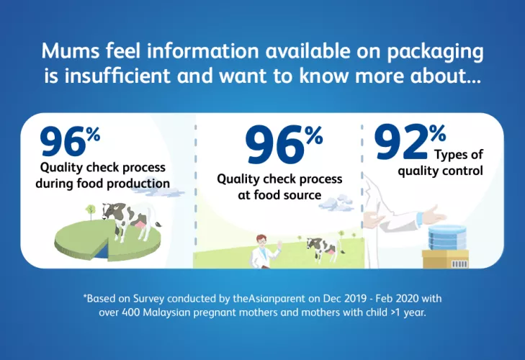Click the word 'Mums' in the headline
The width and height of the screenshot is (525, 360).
pyautogui.click(x=71, y=51)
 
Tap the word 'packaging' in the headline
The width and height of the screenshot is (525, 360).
pyautogui.click(x=435, y=53)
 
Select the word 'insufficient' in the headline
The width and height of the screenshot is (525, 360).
pyautogui.click(x=117, y=76)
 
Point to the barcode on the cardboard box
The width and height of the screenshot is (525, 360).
pyautogui.click(x=459, y=264)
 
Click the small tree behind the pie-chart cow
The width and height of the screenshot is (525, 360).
pyautogui.click(x=91, y=212)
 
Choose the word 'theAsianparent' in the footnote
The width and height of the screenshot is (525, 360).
pyautogui.click(x=269, y=298)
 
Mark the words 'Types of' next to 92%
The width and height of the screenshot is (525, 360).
pyautogui.click(x=459, y=154)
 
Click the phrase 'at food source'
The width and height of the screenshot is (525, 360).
pyautogui.click(x=279, y=195)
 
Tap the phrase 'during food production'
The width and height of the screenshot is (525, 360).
pyautogui.click(x=102, y=184)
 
